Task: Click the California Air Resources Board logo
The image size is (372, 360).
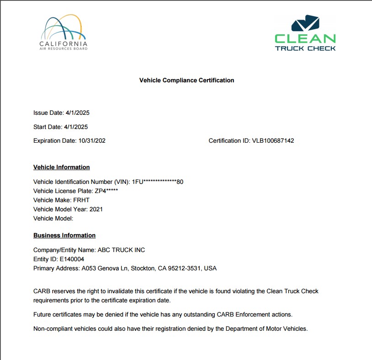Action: (63, 32)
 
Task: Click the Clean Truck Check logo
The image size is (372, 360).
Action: (305, 33)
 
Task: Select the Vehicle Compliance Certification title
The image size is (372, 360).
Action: (186, 80)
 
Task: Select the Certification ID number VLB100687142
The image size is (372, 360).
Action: (273, 140)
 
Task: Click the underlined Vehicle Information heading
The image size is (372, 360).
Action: (62, 167)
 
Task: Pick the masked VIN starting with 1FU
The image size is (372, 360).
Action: (158, 182)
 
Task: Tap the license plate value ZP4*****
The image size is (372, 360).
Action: (106, 191)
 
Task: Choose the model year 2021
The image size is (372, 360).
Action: (96, 209)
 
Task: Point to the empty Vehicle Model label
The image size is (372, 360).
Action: (53, 218)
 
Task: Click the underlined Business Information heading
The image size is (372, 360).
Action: (64, 235)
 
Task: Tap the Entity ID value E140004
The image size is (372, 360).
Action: (72, 259)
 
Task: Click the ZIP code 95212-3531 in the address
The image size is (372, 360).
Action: (185, 268)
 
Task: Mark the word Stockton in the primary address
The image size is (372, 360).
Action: (143, 268)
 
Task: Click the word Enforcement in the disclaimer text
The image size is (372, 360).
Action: (254, 314)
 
